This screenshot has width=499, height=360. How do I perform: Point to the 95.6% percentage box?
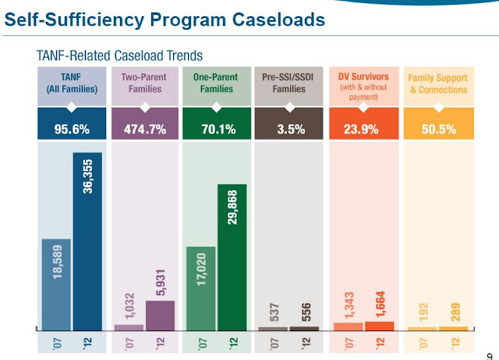72,129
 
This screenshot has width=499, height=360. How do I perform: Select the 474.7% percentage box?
144,129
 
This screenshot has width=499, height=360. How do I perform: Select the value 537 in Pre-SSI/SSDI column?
274,309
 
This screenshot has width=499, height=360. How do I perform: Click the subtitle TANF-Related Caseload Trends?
120,55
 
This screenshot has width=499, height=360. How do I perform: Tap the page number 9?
488,351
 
